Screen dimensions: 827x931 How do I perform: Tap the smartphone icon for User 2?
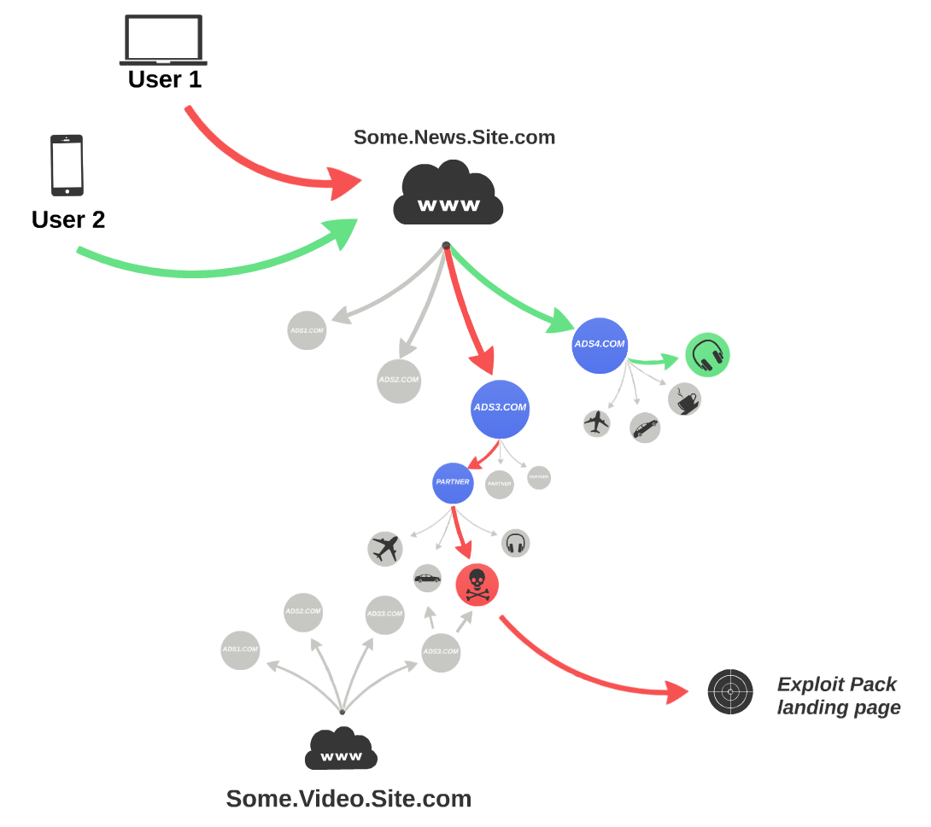tap(67, 166)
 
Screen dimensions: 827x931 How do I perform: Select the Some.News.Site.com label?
tap(454, 137)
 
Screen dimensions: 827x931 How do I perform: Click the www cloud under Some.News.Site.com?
tap(448, 195)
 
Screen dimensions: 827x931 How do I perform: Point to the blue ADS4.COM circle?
tap(600, 345)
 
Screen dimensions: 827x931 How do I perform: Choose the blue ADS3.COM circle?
tap(501, 409)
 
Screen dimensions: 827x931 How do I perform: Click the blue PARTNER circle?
tap(453, 482)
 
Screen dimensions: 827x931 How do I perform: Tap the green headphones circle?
tap(707, 353)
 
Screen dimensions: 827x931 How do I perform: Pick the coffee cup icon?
tap(684, 399)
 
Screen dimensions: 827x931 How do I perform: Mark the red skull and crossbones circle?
tap(477, 584)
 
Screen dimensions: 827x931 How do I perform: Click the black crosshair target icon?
tap(730, 691)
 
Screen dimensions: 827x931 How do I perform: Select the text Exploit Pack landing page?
tap(837, 696)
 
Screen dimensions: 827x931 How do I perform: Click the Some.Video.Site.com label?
tap(348, 799)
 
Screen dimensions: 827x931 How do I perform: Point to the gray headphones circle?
tap(515, 543)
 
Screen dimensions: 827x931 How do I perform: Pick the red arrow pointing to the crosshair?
tap(589, 670)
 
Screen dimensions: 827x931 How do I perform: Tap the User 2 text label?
tap(68, 220)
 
